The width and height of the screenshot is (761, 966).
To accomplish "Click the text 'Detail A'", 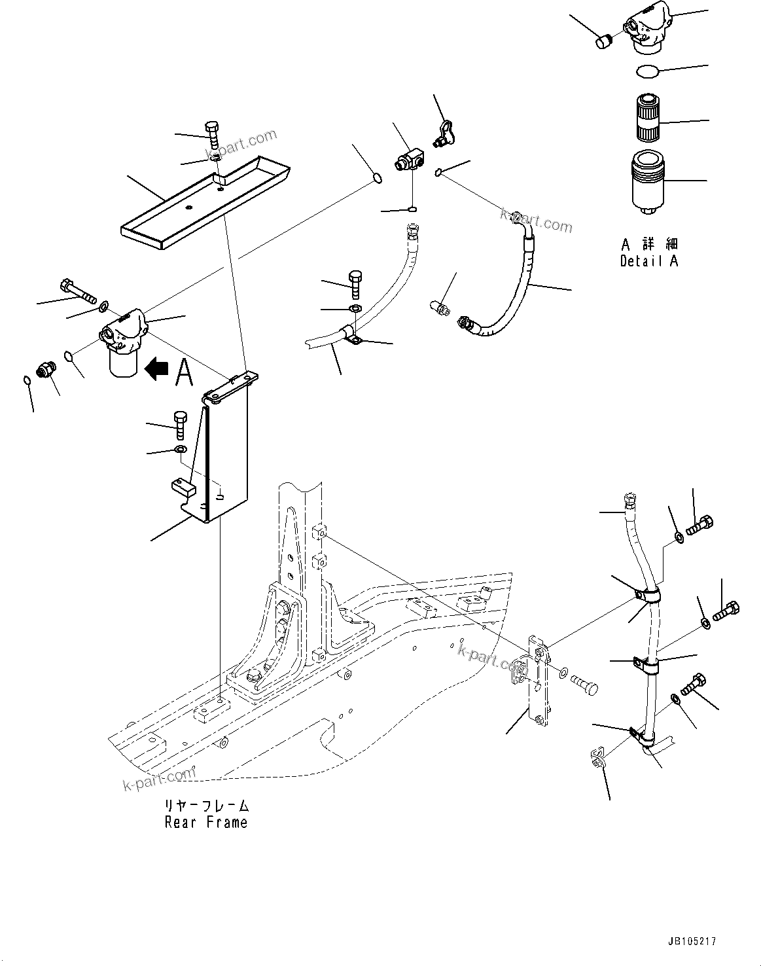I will [648, 260].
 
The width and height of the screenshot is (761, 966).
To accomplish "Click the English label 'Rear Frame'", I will [206, 823].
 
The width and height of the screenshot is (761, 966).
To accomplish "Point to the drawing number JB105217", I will [692, 941].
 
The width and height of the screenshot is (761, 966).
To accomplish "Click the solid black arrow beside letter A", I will [156, 369].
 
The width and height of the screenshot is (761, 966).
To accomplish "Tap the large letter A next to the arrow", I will [185, 372].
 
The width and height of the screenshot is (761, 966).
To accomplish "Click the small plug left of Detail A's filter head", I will [603, 41].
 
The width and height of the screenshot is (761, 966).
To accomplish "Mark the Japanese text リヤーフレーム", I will [206, 806].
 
